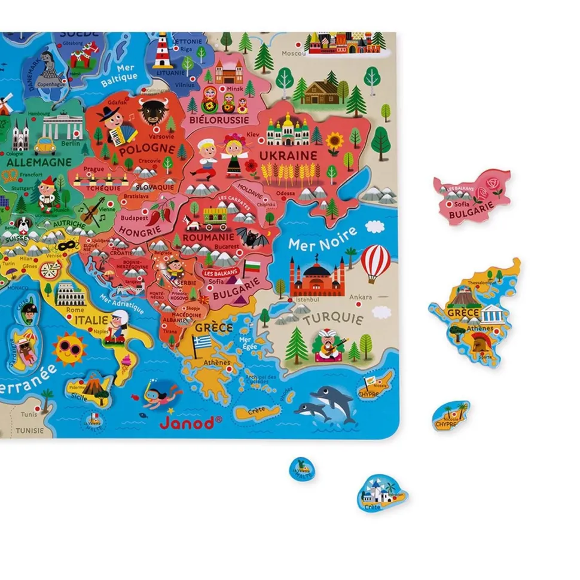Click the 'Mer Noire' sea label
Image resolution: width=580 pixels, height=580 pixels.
click(322, 239)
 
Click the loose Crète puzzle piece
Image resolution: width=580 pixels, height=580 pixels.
click(382, 493)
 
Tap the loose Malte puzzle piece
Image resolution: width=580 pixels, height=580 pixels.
click(303, 469)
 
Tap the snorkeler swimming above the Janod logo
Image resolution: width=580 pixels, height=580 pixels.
click(160, 393)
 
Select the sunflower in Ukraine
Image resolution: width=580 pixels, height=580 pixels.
click(334, 142)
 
